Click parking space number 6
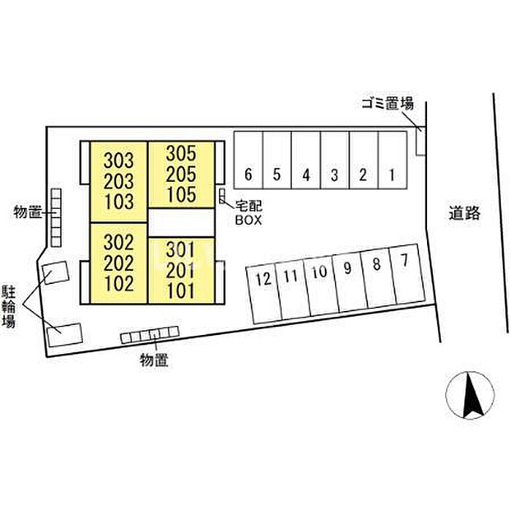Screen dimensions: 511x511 248,175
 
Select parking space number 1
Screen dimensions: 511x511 392,175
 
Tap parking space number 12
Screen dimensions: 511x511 264,278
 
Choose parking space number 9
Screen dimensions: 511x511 347,268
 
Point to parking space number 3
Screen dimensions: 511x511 334,175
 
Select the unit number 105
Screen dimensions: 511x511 181,194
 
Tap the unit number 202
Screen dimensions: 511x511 119,262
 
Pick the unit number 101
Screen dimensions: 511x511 180,291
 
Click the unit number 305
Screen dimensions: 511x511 181,154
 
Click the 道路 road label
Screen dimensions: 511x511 464,213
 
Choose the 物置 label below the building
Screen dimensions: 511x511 153,358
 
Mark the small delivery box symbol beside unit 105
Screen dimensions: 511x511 222,196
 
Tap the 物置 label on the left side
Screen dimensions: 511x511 27,212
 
